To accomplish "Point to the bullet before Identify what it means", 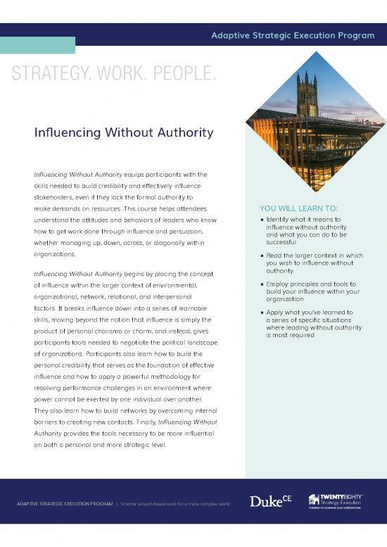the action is (262, 220).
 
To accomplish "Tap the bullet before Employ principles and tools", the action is (262, 284).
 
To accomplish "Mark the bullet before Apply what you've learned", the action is (262, 313).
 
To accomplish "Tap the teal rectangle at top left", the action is (37, 45).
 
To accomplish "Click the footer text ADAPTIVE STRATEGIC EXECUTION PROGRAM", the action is (65, 504).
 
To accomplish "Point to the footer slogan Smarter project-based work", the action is (175, 504).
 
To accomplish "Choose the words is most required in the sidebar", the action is (290, 335).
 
